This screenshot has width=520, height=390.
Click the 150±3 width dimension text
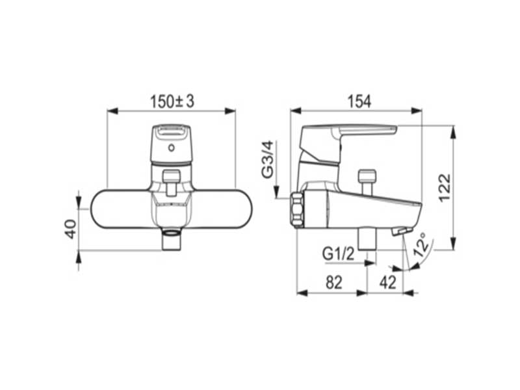point(172,101)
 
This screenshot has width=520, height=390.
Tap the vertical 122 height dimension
point(444,188)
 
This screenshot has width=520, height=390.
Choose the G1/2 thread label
point(338,253)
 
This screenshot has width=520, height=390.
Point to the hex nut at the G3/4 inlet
point(297,209)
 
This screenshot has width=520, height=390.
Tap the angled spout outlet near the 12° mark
point(402,231)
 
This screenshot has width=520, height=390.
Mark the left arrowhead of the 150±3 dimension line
point(111,111)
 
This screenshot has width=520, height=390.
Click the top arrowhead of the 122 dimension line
point(453,130)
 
